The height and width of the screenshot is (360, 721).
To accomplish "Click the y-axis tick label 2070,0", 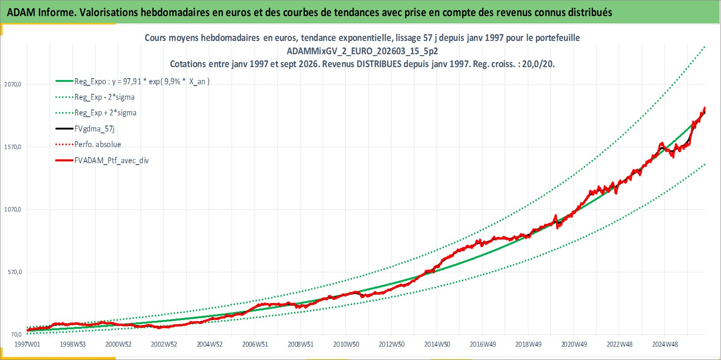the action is [12, 84].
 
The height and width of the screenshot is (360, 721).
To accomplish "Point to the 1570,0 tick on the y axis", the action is [12, 147].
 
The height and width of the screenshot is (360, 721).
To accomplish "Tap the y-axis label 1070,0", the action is [12, 209].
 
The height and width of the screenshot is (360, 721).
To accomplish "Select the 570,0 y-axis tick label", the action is [15, 272].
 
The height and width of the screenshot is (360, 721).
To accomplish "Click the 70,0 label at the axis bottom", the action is [17, 335].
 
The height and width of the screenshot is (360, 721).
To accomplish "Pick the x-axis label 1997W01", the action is [28, 344].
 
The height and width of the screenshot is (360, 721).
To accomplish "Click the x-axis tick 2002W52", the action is [164, 344].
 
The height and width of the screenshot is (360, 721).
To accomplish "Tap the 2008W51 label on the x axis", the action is [301, 344].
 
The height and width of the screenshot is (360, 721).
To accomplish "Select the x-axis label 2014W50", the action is [437, 344].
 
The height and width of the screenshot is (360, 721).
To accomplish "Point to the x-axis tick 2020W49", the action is [574, 344].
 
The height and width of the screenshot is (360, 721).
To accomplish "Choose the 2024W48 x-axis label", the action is [665, 344].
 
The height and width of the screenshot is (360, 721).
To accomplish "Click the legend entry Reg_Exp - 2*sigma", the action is [105, 97].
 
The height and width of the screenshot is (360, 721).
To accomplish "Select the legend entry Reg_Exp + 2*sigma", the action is [106, 113].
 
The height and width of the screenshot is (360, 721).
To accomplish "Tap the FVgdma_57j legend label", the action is [95, 129].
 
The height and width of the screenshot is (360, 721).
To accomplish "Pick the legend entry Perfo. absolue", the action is [98, 144].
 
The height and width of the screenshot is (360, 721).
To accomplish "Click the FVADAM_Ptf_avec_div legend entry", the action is [112, 160].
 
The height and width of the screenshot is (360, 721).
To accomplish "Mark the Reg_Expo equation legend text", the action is [142, 81].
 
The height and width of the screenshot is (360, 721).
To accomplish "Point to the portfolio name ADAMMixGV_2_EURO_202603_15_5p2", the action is [362, 51].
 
